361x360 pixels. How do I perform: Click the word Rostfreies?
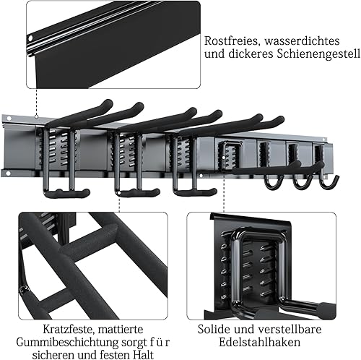coord(231,41)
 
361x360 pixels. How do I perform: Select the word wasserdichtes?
coord(302,41)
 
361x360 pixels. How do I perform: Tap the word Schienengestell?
coord(318,54)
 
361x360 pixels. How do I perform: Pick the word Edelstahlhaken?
coord(259,342)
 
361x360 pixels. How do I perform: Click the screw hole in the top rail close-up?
coord(30,38)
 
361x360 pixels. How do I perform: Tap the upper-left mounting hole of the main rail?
coord(9,119)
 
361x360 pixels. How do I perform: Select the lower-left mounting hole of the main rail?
coord(8,173)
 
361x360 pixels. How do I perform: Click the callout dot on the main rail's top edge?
coord(36,116)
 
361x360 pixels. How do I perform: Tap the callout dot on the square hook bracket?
coord(224,157)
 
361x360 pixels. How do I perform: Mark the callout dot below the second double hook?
coord(119,193)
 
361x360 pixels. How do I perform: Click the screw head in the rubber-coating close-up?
coord(24,288)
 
